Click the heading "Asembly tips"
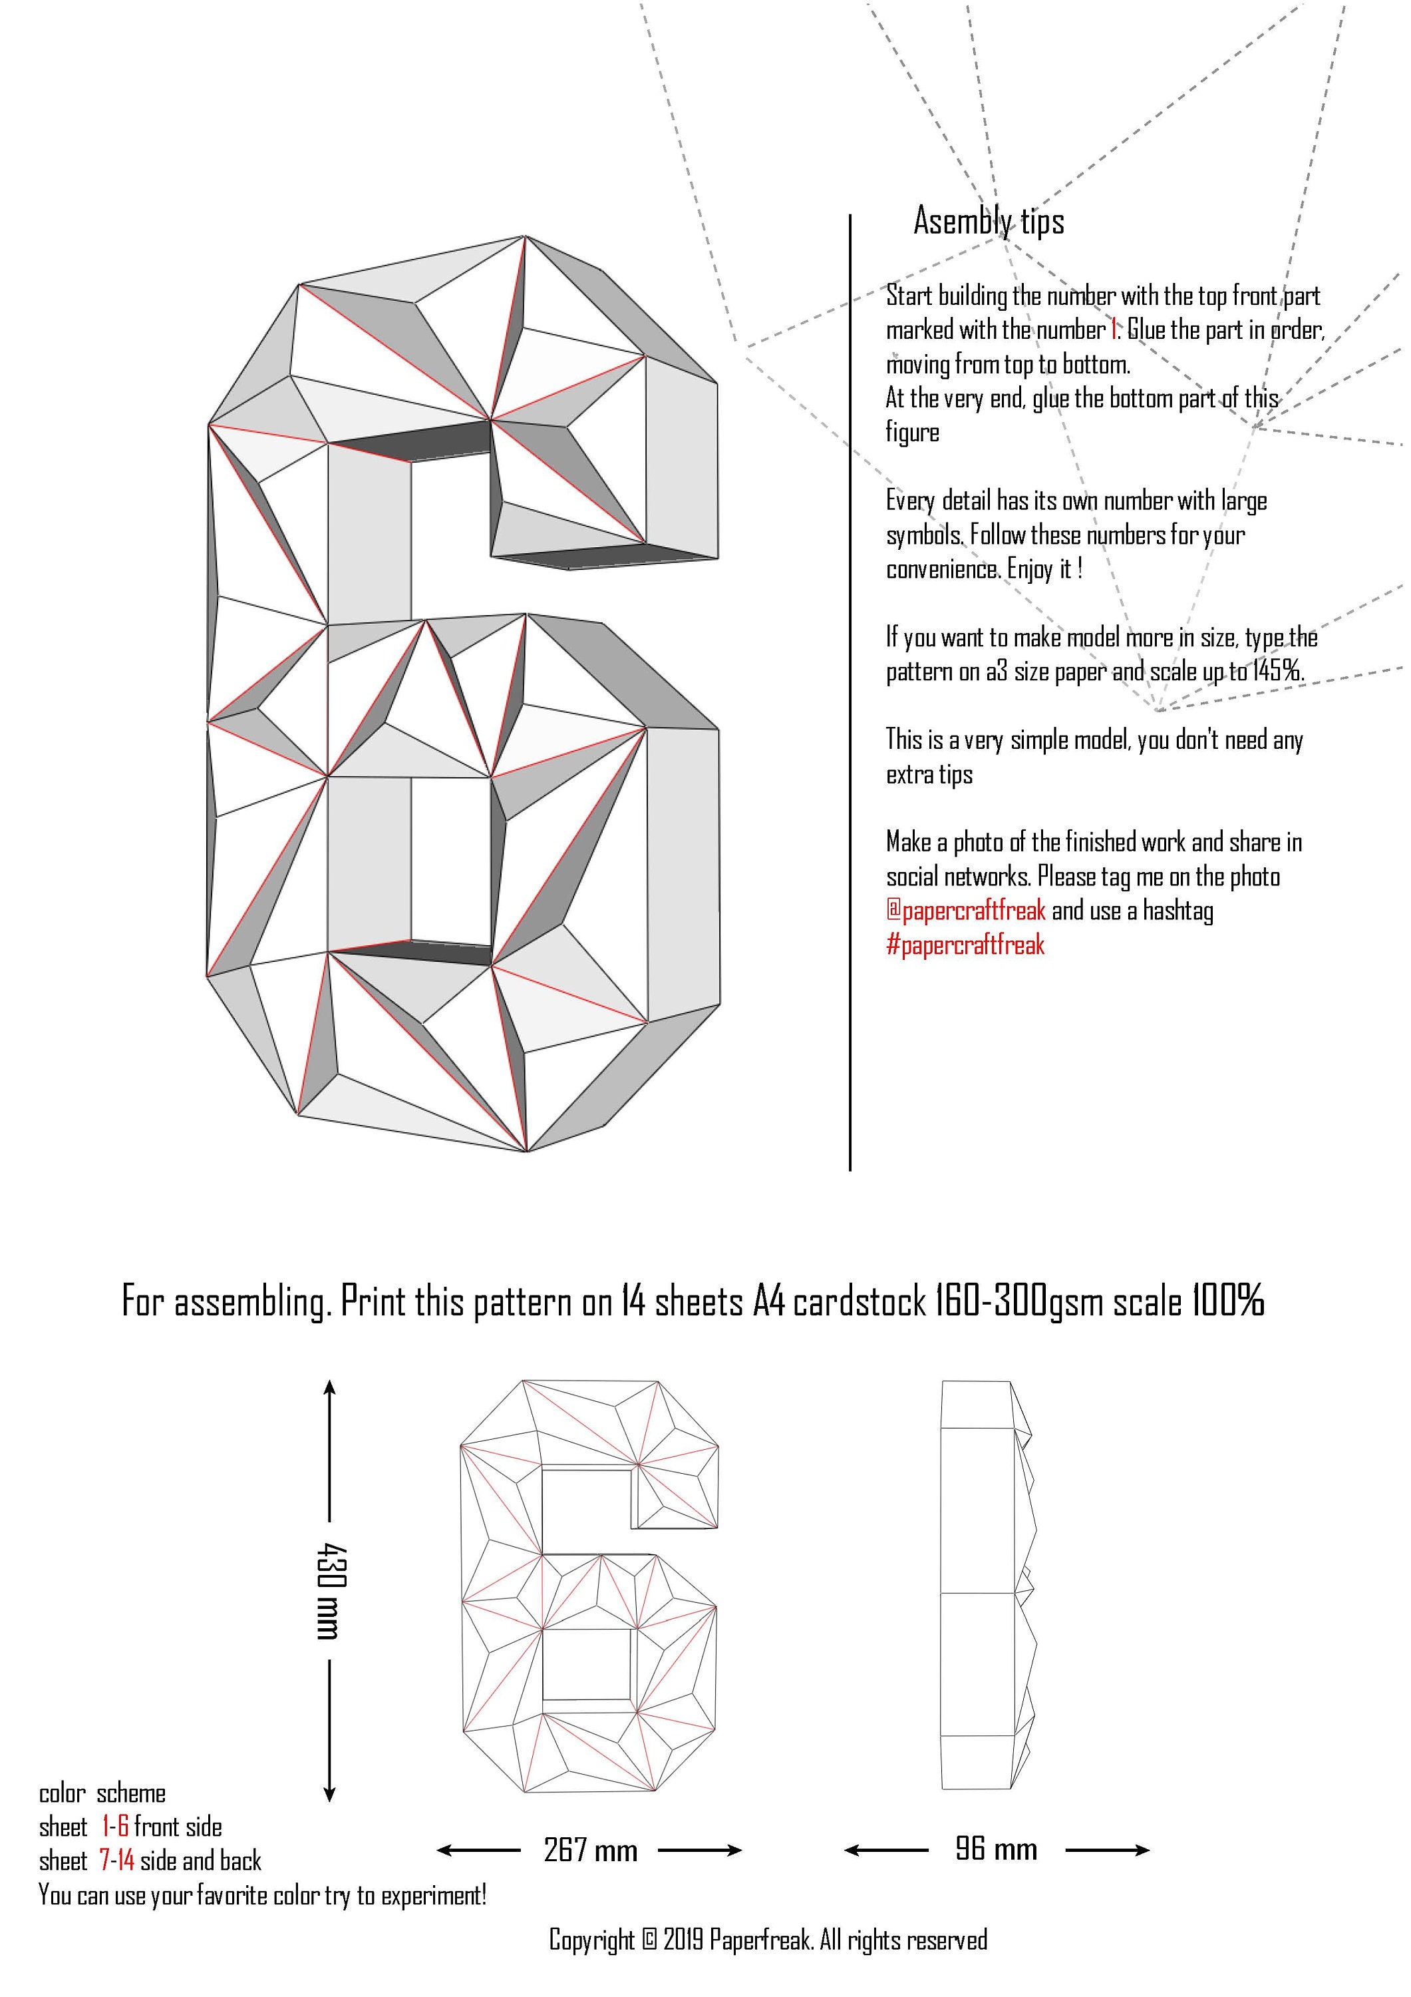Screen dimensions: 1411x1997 point(989,222)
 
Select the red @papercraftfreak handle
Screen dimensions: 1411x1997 point(966,911)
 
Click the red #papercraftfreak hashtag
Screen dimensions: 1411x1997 point(965,945)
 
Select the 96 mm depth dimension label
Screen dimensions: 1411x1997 point(997,1849)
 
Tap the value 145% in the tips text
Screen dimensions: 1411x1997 point(1277,672)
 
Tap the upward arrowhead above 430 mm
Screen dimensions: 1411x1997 point(329,1387)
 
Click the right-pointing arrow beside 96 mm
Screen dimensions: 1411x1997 point(1108,1850)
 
